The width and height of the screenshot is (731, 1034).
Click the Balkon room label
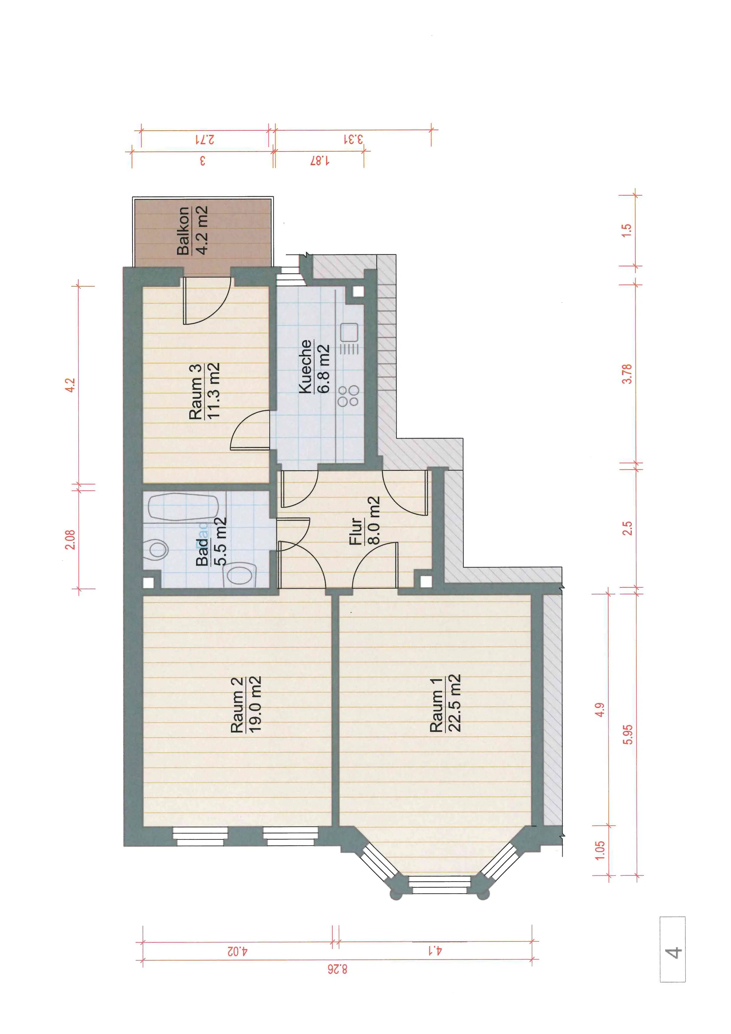tap(183, 231)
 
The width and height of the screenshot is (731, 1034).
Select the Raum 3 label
tap(195, 392)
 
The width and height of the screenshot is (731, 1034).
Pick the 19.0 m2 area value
tap(255, 704)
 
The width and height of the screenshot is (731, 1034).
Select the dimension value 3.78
tap(627, 374)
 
